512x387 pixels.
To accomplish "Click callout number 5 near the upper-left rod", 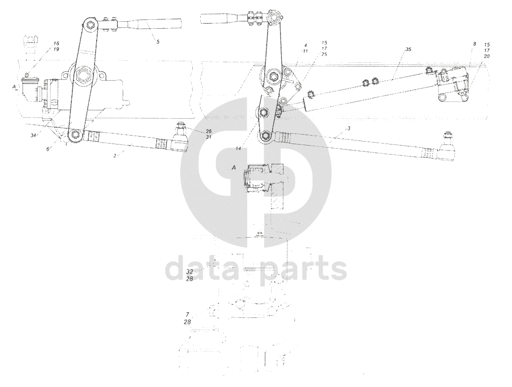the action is (x=158, y=42).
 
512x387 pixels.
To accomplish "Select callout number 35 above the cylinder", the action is (x=408, y=49).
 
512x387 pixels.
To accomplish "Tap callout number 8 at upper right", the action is (x=474, y=44).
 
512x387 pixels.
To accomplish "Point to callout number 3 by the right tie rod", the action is (x=349, y=128).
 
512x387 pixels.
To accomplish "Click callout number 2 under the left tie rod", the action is (x=114, y=155).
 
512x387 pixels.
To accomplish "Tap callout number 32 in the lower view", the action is (x=189, y=272).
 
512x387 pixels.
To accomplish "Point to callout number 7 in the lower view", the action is (x=187, y=314).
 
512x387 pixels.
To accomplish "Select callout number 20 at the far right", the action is (x=487, y=56).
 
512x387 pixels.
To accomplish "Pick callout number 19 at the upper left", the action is (x=57, y=50).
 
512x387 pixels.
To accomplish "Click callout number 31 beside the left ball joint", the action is (x=195, y=137).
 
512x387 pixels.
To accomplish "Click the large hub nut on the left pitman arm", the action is (x=82, y=77).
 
